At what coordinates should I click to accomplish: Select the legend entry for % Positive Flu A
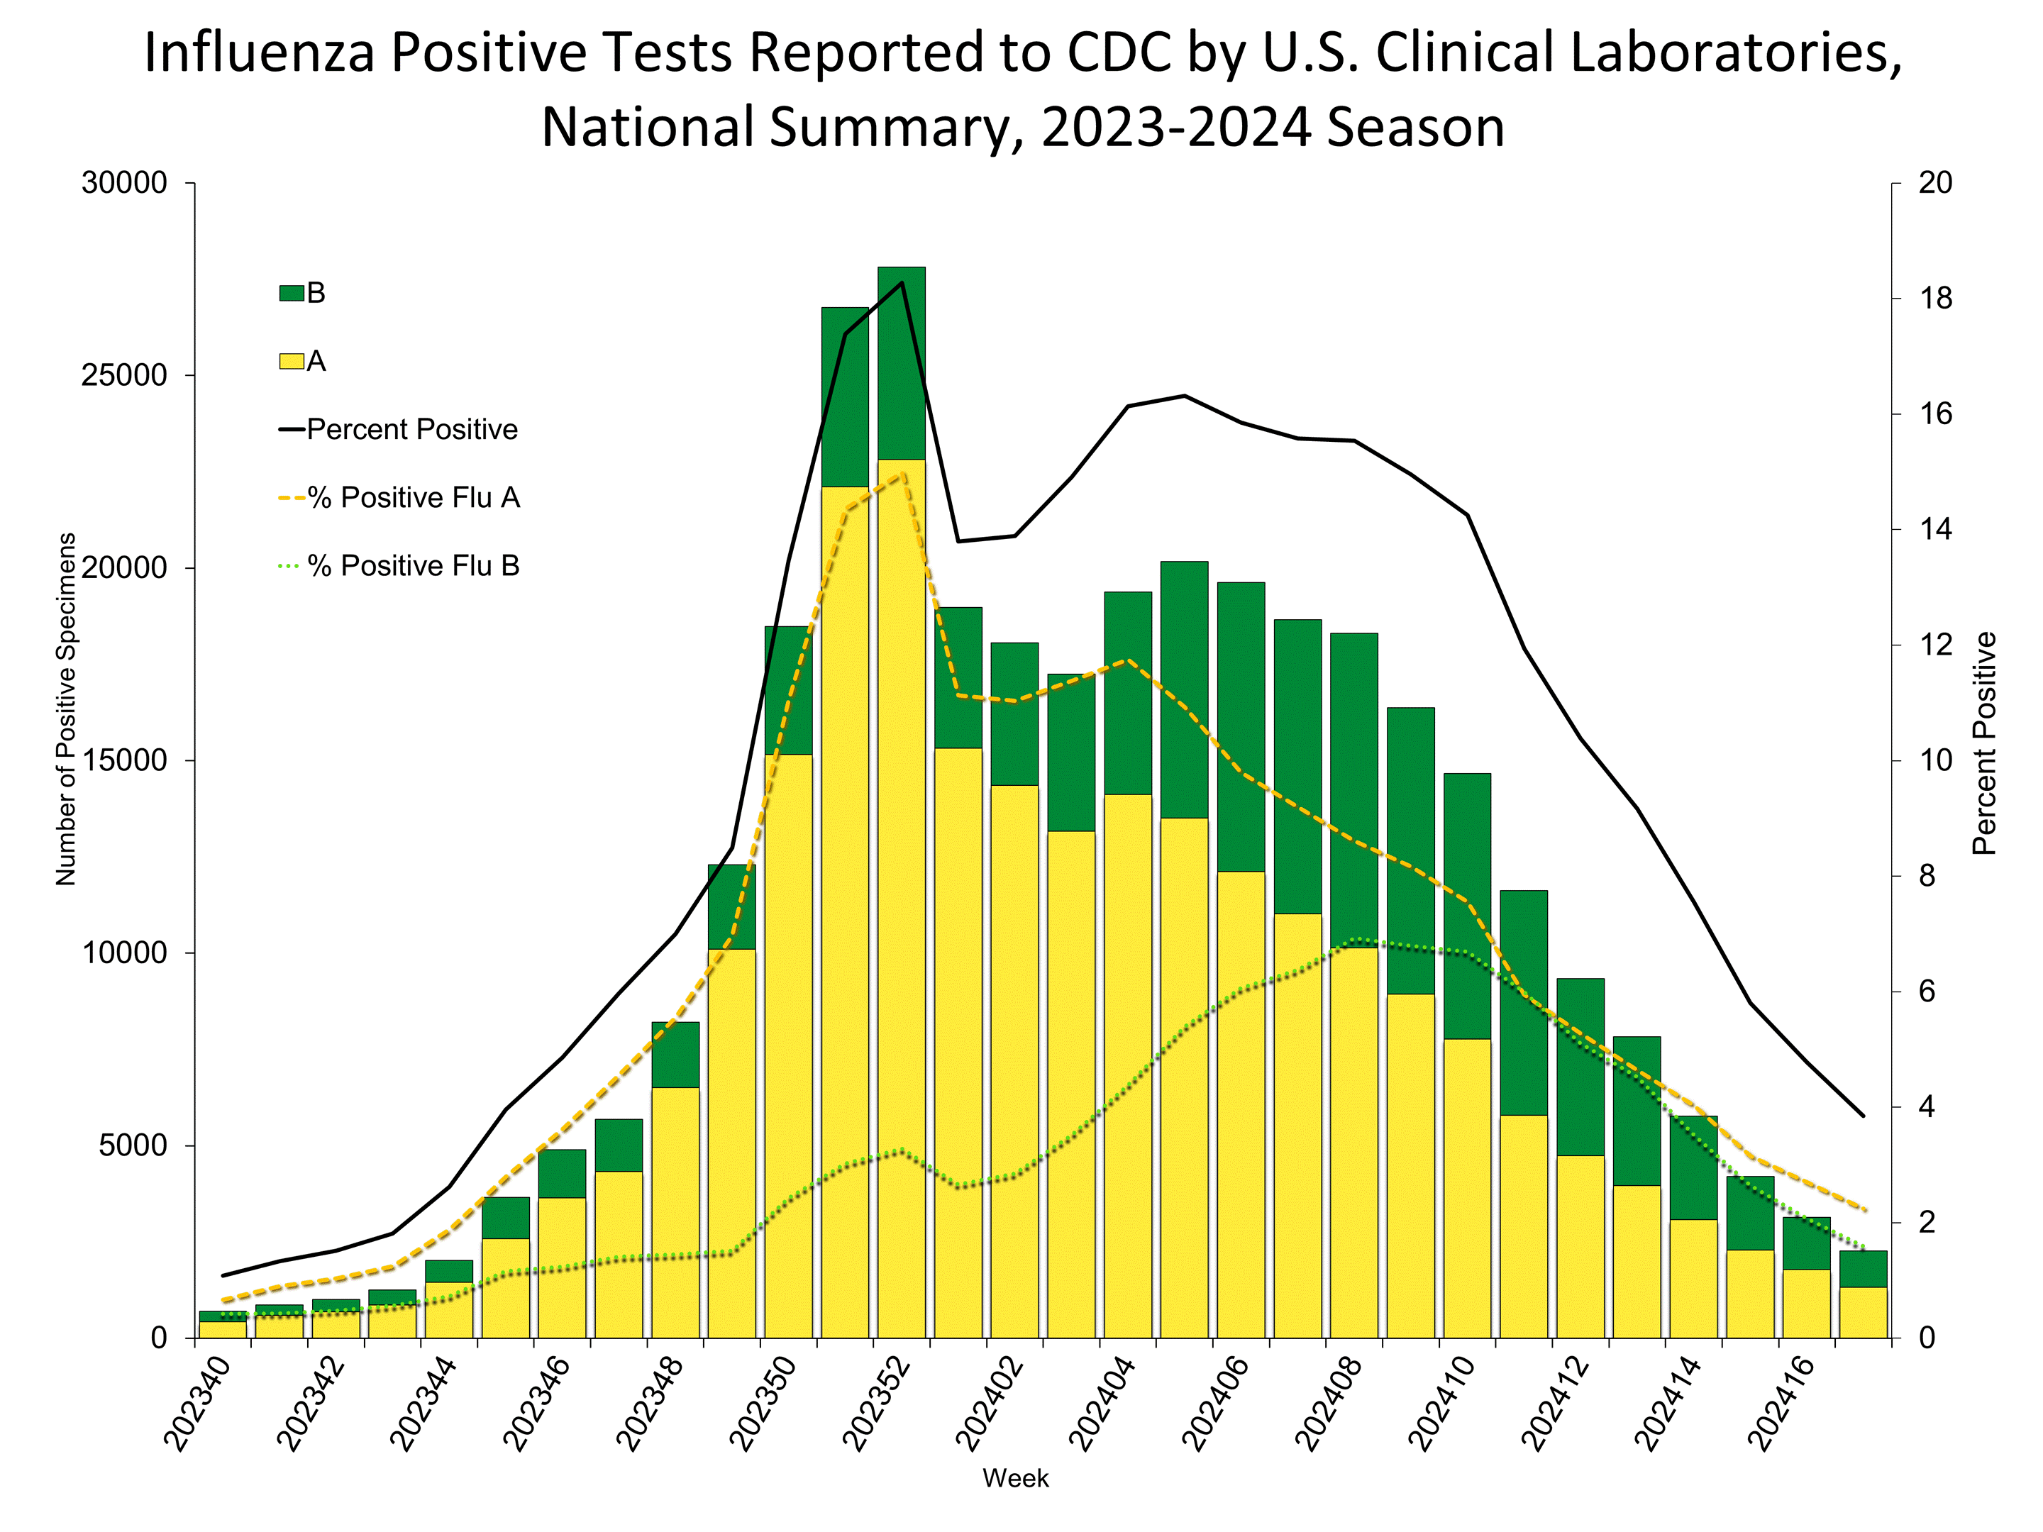[x=413, y=498]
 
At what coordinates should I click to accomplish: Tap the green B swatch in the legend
[x=291, y=294]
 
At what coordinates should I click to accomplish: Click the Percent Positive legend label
[x=412, y=429]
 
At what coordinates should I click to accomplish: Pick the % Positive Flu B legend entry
[x=413, y=566]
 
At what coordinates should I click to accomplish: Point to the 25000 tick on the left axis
[x=125, y=376]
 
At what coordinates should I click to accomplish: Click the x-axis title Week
[x=1015, y=1478]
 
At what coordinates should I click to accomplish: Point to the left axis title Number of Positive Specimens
[x=65, y=709]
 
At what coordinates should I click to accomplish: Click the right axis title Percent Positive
[x=1984, y=743]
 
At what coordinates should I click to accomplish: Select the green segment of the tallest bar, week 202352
[x=902, y=363]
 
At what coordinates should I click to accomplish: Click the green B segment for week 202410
[x=1467, y=905]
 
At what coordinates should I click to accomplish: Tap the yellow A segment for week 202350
[x=788, y=1043]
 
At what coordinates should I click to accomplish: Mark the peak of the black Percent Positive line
[x=902, y=282]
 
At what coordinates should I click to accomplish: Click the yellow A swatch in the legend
[x=291, y=361]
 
